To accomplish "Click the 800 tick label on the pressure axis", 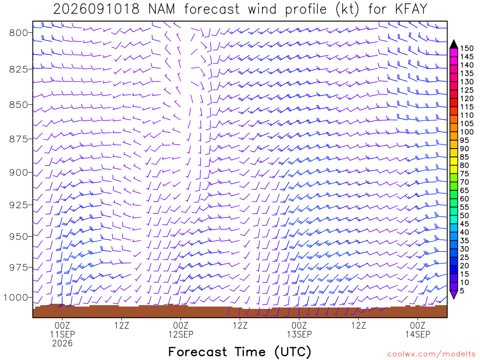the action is click(19, 33).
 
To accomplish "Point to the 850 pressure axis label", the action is click(19, 105).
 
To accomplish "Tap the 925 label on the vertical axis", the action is click(19, 205).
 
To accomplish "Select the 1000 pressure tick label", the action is click(16, 297).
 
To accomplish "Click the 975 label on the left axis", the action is click(19, 268).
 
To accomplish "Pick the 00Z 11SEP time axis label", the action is click(62, 330).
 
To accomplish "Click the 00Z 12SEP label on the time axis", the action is click(181, 330).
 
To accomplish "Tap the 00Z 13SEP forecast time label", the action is click(300, 330).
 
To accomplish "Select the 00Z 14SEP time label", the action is click(418, 330).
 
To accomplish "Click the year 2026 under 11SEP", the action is click(62, 344).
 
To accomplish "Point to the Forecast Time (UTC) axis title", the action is click(240, 352).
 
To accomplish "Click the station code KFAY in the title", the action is click(411, 9).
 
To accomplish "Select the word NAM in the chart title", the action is click(162, 9).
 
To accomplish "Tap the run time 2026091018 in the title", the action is click(97, 9).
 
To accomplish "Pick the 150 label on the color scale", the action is click(467, 48).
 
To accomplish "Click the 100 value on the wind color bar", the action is click(467, 132).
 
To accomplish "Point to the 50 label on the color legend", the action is click(465, 216).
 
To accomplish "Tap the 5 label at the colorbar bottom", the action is click(462, 291).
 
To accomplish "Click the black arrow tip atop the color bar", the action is click(454, 40).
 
